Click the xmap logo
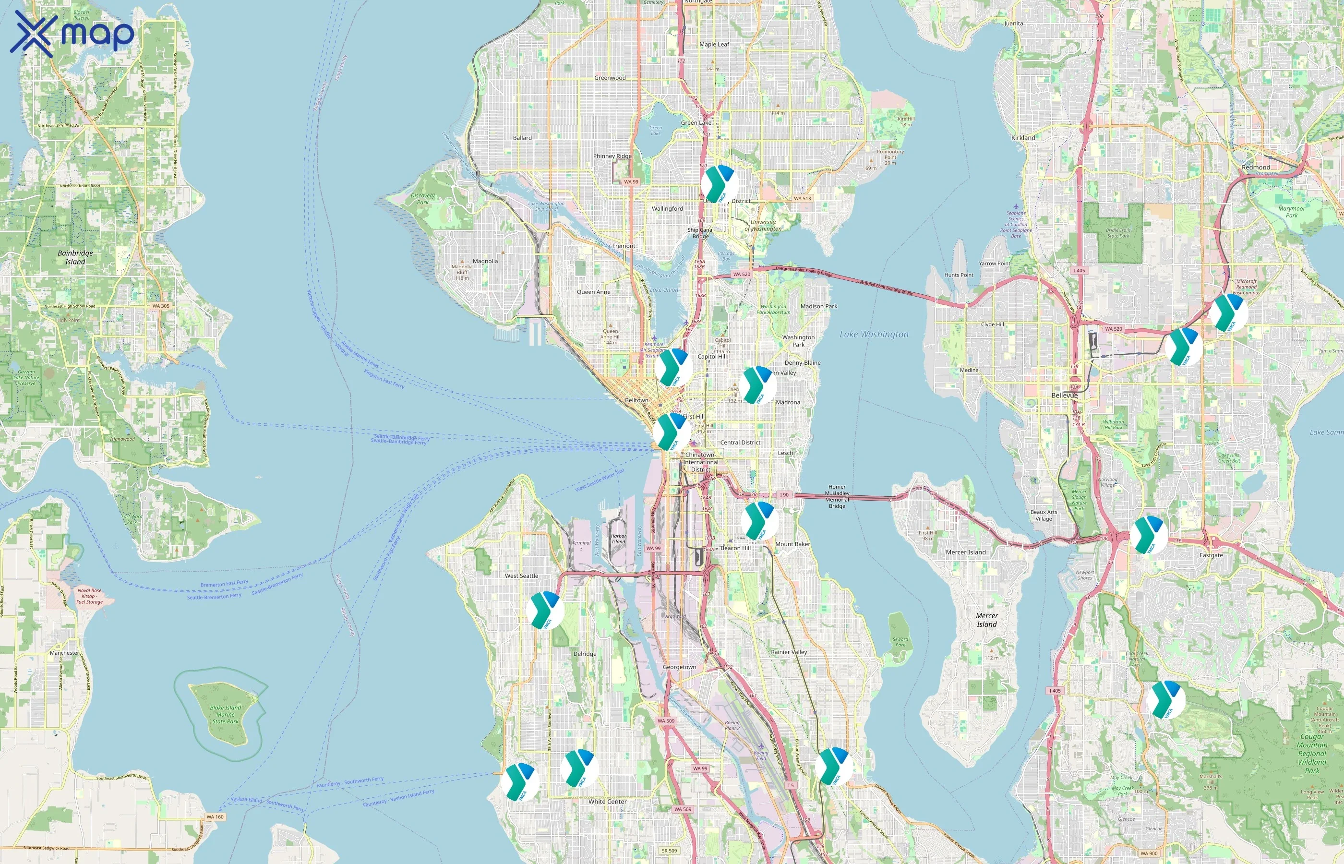(72, 34)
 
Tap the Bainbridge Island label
(75, 257)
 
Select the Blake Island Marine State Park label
(226, 714)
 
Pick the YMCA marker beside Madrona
(757, 385)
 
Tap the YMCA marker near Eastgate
(1149, 535)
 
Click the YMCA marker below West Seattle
(545, 611)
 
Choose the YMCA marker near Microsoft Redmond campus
(1228, 313)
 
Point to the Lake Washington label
(874, 335)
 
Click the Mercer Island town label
(965, 552)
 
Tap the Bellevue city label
(1064, 395)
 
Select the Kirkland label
(1023, 137)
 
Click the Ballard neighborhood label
(522, 137)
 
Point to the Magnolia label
(485, 261)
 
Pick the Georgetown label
(679, 667)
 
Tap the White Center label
(608, 802)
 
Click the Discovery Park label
(422, 199)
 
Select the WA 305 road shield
(160, 306)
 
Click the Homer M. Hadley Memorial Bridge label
(837, 496)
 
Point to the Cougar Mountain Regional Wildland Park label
(1312, 754)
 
